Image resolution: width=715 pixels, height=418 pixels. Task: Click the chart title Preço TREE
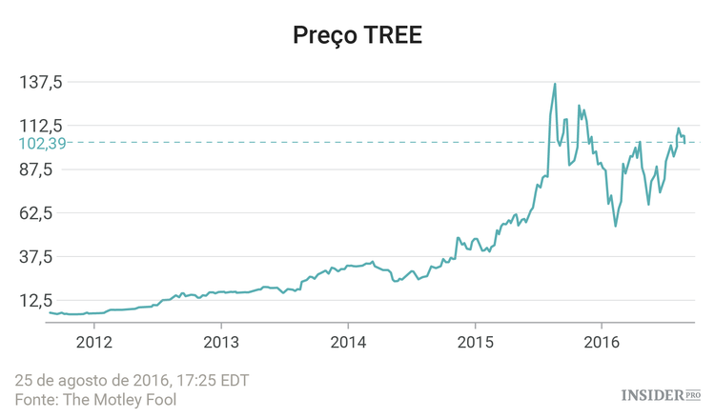pyautogui.click(x=357, y=35)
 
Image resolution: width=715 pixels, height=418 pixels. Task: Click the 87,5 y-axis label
pyautogui.click(x=45, y=169)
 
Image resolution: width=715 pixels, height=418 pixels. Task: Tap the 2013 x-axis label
pyautogui.click(x=221, y=342)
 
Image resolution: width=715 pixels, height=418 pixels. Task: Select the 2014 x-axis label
pyautogui.click(x=348, y=342)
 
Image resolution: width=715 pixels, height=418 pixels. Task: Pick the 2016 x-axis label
pyautogui.click(x=602, y=342)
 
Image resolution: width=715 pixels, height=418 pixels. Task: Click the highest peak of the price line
pyautogui.click(x=555, y=84)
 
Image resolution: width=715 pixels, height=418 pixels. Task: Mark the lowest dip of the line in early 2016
pyautogui.click(x=616, y=226)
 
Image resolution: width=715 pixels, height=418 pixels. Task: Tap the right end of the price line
pyautogui.click(x=684, y=143)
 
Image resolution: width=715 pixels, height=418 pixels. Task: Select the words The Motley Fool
pyautogui.click(x=119, y=400)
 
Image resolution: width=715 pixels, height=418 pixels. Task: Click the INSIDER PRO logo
pyautogui.click(x=661, y=394)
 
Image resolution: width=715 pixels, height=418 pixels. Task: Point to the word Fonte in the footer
pyautogui.click(x=34, y=400)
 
